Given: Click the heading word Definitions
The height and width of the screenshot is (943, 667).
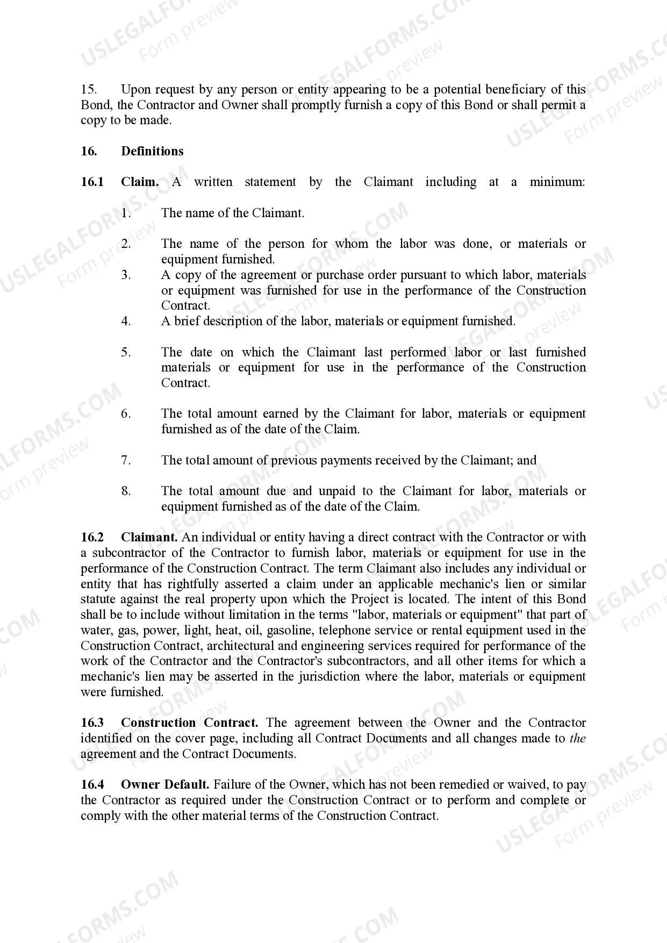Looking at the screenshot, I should (x=152, y=151).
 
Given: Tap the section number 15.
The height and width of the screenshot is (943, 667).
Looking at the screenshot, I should (x=89, y=89).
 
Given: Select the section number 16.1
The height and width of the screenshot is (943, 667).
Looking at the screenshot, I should (x=92, y=182).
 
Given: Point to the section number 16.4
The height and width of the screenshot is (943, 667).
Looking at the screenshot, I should (x=92, y=784).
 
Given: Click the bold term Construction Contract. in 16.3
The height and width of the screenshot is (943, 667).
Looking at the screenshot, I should (x=189, y=723).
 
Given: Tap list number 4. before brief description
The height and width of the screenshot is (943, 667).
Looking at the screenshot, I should (x=126, y=321).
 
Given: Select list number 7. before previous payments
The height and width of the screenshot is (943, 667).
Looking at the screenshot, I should (x=126, y=460).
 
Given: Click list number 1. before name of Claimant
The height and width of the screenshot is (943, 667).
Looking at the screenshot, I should (x=126, y=213).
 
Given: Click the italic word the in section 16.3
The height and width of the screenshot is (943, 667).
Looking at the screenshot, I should (x=578, y=738).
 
